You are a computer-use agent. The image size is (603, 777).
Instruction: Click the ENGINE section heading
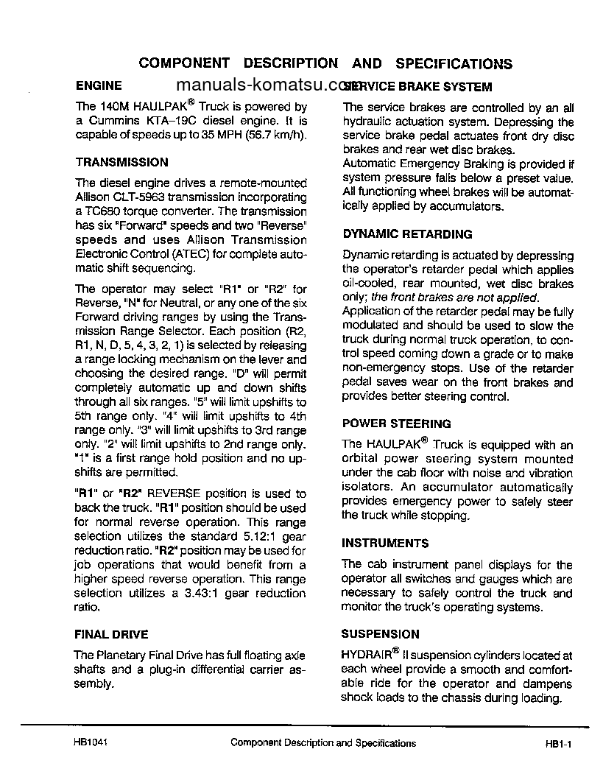point(99,85)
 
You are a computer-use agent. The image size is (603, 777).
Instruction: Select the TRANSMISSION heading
point(121,162)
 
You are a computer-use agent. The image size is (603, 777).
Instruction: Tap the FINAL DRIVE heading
point(111,633)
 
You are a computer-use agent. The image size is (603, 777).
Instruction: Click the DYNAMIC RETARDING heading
point(407,234)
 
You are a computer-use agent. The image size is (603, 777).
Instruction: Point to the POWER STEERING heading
point(396,423)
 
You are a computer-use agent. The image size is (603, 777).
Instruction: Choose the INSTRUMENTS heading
point(384,543)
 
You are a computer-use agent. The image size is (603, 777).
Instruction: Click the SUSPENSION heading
point(380,633)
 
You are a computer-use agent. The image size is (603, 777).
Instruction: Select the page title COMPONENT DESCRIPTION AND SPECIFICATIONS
point(325,63)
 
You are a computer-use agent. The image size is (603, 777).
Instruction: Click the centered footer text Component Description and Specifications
point(323,743)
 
